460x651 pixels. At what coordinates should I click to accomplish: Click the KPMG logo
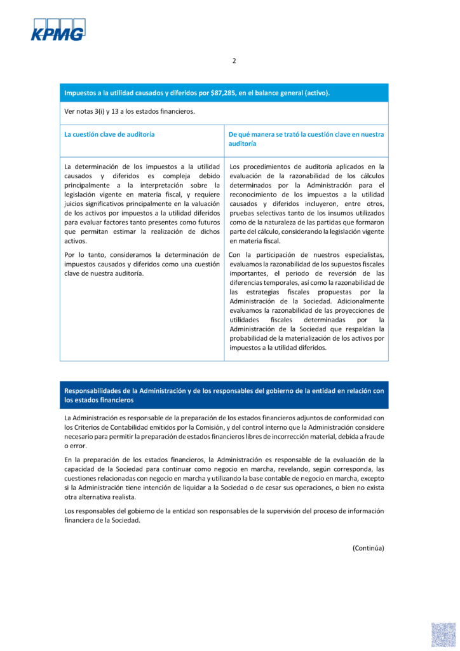coord(58,30)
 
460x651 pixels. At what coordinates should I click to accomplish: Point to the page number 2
coord(234,61)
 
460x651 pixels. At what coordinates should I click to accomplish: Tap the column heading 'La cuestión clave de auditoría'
coord(109,135)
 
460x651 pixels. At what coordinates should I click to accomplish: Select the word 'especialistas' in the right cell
coord(360,255)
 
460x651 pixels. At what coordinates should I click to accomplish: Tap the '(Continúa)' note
coord(369,547)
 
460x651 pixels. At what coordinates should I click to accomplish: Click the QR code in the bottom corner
coord(443,634)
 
